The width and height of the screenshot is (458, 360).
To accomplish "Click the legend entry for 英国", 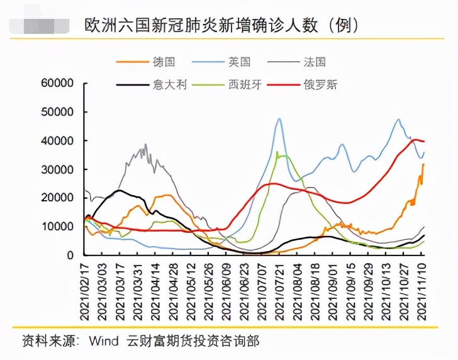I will click(238, 62).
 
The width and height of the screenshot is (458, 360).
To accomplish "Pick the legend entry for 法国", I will click(314, 62).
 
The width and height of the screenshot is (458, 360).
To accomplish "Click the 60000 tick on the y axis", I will click(57, 83).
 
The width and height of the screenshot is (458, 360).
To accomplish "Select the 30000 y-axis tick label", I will click(57, 169).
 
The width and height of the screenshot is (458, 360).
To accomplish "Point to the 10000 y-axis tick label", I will click(57, 227).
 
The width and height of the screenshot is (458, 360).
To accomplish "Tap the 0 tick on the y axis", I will click(70, 256).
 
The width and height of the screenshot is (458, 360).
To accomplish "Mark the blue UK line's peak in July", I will click(279, 118).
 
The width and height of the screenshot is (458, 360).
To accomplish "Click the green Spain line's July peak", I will click(277, 152).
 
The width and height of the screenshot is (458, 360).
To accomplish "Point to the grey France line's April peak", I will click(146, 144).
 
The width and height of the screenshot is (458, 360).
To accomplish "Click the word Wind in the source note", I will click(103, 340).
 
